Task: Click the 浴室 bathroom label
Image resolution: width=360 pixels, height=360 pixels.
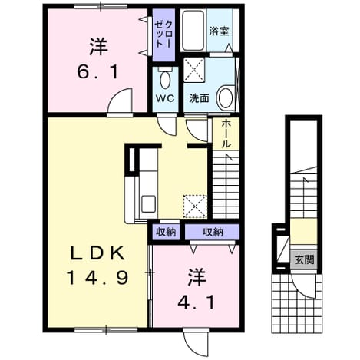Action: point(219,31)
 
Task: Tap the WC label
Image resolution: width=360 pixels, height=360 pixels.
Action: point(165,98)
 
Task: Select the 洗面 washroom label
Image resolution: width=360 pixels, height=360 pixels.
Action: point(199,98)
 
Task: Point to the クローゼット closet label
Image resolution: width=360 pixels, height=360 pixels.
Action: point(163,35)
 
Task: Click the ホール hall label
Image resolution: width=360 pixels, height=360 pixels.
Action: point(226,134)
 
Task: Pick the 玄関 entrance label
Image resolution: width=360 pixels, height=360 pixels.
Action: point(304,259)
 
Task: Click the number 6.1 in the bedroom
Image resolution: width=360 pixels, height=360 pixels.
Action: point(97,72)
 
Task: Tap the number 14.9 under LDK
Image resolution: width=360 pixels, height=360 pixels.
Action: point(97,278)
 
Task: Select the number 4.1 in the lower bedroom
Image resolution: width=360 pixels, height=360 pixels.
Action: point(197,303)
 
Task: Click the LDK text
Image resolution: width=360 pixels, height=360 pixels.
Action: point(97,253)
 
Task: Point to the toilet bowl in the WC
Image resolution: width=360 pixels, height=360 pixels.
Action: point(165,79)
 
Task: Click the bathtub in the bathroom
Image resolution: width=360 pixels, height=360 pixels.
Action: point(193,31)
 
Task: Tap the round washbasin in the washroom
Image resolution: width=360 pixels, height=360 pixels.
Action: point(226,97)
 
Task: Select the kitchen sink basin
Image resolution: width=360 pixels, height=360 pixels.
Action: point(149,203)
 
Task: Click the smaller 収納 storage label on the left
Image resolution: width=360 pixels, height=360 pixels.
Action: point(166,232)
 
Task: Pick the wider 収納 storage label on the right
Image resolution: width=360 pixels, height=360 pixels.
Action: point(213,232)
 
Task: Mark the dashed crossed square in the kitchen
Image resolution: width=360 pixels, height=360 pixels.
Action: point(195,206)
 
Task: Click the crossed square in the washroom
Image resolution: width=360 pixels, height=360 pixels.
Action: point(194,70)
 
